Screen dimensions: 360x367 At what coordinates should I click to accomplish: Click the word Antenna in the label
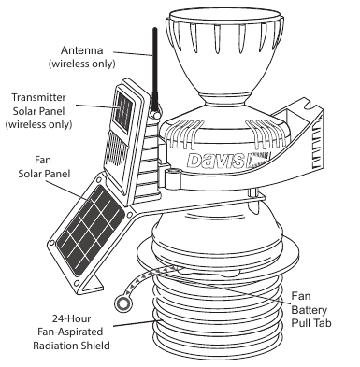[82, 50]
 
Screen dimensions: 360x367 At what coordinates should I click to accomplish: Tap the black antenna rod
[155, 67]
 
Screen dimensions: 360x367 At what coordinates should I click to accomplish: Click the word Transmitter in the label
[39, 97]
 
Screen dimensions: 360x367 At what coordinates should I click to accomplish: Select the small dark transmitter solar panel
[123, 110]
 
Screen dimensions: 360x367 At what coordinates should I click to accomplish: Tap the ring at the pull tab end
[122, 303]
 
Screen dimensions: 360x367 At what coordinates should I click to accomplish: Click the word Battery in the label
[309, 310]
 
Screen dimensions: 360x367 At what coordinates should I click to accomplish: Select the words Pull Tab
[311, 323]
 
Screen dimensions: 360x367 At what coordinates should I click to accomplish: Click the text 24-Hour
[71, 318]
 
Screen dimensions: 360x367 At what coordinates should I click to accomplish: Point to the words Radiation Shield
[71, 346]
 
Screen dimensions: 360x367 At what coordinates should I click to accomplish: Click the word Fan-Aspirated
[70, 332]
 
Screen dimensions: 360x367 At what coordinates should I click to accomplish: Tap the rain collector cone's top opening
[224, 16]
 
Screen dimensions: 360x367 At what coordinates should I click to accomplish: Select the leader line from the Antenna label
[133, 53]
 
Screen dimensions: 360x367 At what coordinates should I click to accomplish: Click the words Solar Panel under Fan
[44, 174]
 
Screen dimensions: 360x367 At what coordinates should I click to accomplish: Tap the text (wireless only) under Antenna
[81, 64]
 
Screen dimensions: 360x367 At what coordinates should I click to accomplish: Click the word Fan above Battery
[301, 296]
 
